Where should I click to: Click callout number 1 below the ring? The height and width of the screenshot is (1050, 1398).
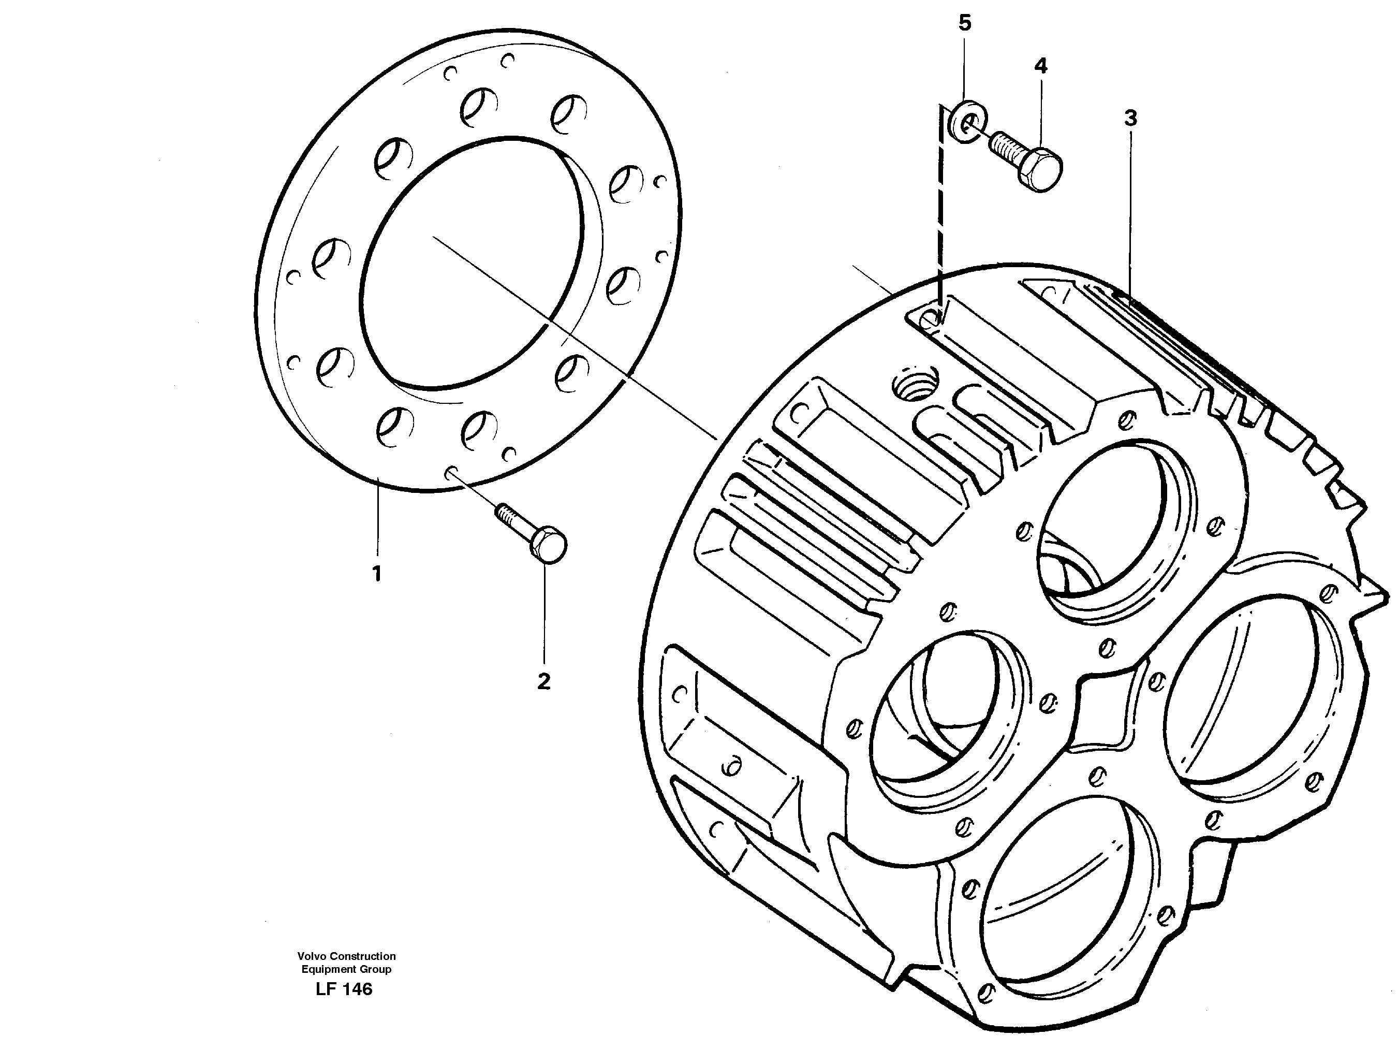pos(377,574)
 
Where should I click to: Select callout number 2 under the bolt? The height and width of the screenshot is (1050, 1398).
pos(543,682)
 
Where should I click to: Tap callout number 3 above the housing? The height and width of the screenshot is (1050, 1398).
pos(1130,118)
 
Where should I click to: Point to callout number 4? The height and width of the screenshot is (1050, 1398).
pos(1040,66)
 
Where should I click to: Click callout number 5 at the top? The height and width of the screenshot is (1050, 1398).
pos(964,23)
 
